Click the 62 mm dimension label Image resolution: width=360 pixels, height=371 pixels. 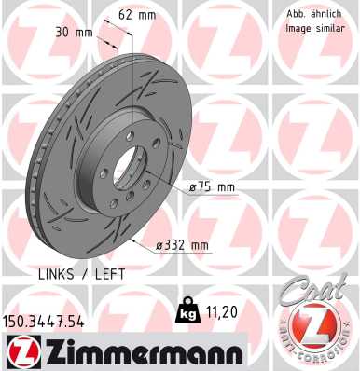point(137,15)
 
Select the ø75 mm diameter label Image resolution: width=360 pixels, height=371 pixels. point(213,186)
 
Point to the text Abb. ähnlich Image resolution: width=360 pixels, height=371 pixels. point(312,13)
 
